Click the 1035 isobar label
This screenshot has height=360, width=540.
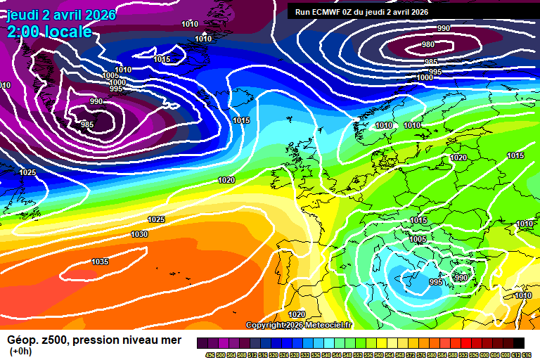click(x=100, y=262)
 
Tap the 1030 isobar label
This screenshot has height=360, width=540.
click(x=139, y=234)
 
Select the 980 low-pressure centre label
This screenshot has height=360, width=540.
click(x=428, y=44)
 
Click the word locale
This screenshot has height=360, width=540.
click(x=67, y=32)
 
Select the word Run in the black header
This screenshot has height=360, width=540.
click(x=302, y=11)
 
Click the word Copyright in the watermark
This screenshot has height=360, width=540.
click(x=266, y=325)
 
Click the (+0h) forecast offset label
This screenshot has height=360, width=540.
click(x=21, y=352)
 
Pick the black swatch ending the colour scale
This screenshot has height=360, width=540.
click(x=518, y=343)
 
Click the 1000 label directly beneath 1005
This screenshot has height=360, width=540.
click(x=117, y=82)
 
